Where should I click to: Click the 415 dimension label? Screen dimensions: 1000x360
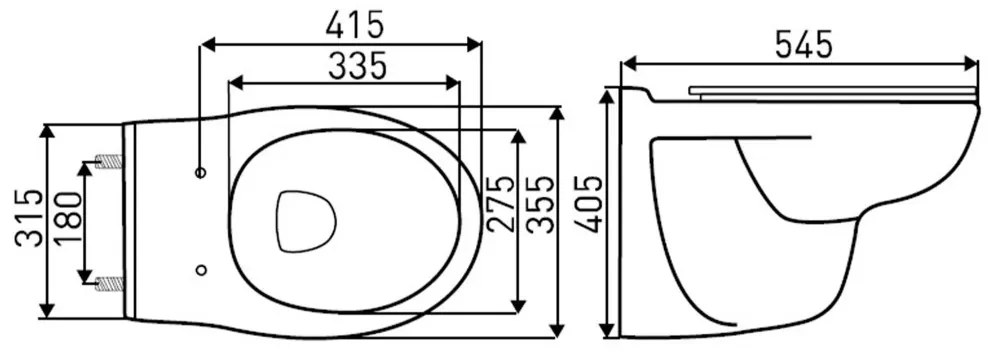click(355, 25)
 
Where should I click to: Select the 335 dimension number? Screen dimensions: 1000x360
click(357, 66)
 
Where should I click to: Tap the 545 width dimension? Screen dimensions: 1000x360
click(804, 45)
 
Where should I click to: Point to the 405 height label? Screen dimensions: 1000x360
click(589, 204)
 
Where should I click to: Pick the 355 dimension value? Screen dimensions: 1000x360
click(543, 204)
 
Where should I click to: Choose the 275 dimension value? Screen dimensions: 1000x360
click(499, 204)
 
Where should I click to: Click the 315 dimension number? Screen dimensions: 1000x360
click(30, 218)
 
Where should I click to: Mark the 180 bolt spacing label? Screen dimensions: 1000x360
click(69, 218)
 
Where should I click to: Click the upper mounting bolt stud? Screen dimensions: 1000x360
click(108, 162)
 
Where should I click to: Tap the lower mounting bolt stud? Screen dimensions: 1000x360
click(108, 283)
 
